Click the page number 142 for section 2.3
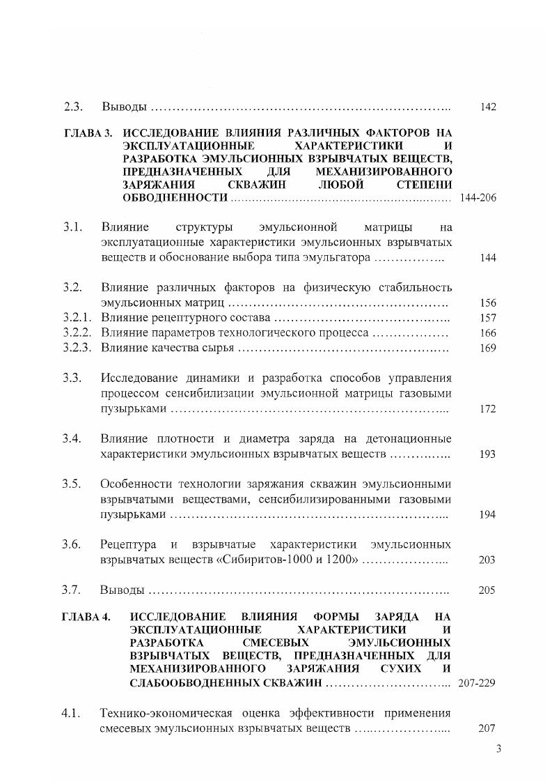(x=487, y=107)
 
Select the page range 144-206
(x=478, y=198)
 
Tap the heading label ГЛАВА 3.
(x=87, y=132)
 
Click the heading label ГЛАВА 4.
(x=86, y=617)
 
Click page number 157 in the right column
(x=487, y=319)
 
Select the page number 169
(x=487, y=348)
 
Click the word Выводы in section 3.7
(x=123, y=590)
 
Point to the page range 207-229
(x=477, y=683)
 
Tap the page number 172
(x=487, y=409)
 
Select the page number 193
(x=487, y=454)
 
